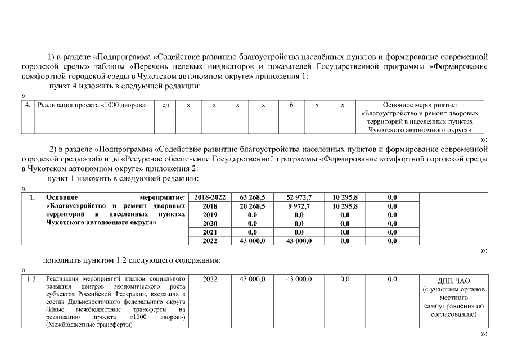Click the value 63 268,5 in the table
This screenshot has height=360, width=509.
tap(253, 197)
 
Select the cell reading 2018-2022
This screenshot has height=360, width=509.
tap(209, 197)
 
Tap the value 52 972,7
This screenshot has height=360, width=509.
tap(299, 197)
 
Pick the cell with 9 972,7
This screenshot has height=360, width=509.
tap(299, 206)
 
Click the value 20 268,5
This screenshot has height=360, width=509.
tap(253, 206)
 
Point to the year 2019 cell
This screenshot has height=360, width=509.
tap(209, 214)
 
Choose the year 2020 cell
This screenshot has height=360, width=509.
tap(209, 223)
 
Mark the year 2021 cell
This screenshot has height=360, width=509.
tap(209, 232)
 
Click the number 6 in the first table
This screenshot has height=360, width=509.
tap(292, 105)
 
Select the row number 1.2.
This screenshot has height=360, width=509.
tap(32, 279)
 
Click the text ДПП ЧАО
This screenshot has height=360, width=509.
tap(454, 281)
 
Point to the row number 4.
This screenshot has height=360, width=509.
tap(28, 105)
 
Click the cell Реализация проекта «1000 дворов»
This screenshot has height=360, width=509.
tap(92, 105)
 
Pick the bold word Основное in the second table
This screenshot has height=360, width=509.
tap(62, 197)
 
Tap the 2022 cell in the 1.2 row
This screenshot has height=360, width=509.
tap(209, 279)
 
